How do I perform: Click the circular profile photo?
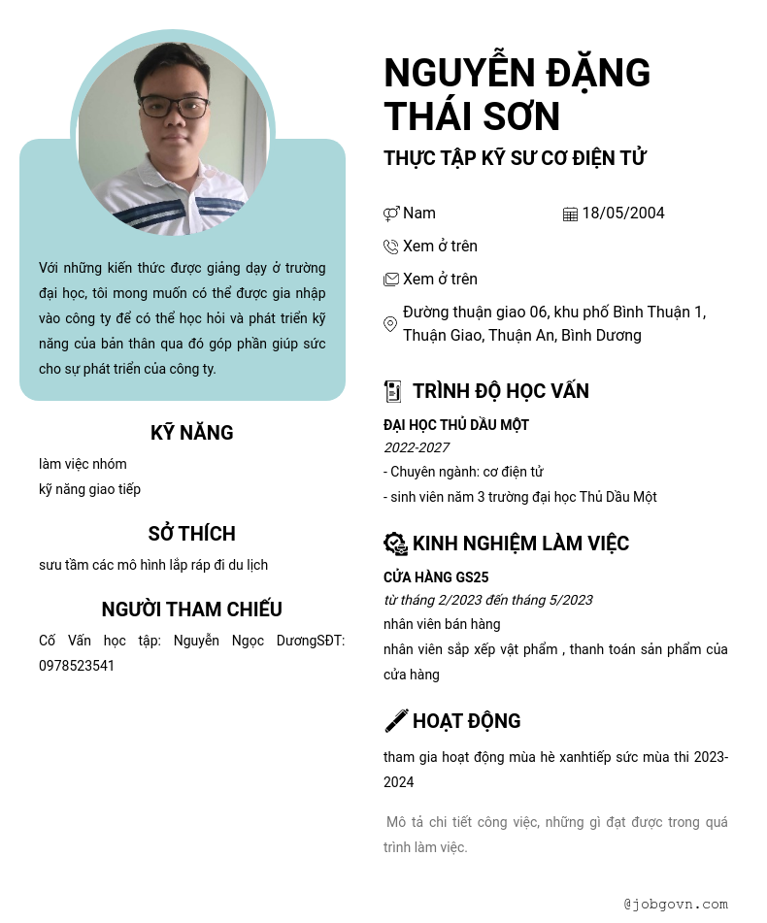(x=173, y=136)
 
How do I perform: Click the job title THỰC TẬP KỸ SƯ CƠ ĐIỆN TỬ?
(x=515, y=158)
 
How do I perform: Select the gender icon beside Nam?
(x=391, y=214)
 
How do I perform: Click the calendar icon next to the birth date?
(x=570, y=214)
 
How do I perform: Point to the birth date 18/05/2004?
(x=623, y=214)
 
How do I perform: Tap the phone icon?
(x=391, y=247)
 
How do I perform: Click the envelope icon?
(x=391, y=280)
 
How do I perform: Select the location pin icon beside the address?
(x=390, y=324)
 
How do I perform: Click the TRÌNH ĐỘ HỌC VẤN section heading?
(x=500, y=391)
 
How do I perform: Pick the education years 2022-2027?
(x=417, y=447)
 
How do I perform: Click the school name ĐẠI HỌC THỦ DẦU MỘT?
(x=456, y=425)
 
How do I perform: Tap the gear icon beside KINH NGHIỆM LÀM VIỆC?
(x=395, y=544)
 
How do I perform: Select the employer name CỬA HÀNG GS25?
(x=436, y=577)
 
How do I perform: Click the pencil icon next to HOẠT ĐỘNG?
(x=396, y=720)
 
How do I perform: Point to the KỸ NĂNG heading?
(x=192, y=433)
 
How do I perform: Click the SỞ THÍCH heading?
(x=192, y=534)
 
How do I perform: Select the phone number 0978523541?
(x=77, y=666)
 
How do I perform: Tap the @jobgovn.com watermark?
(x=676, y=904)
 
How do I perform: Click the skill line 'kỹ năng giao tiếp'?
(x=89, y=489)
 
